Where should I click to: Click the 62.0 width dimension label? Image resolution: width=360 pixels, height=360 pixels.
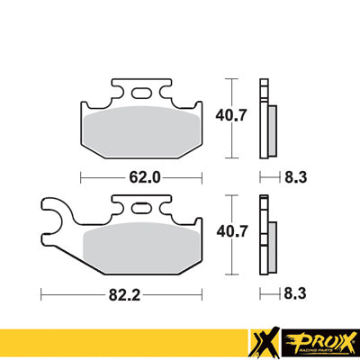click(x=145, y=177)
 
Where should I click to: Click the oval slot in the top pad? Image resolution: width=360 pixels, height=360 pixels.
click(x=143, y=92)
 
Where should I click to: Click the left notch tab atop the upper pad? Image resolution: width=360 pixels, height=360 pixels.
click(x=116, y=88)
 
